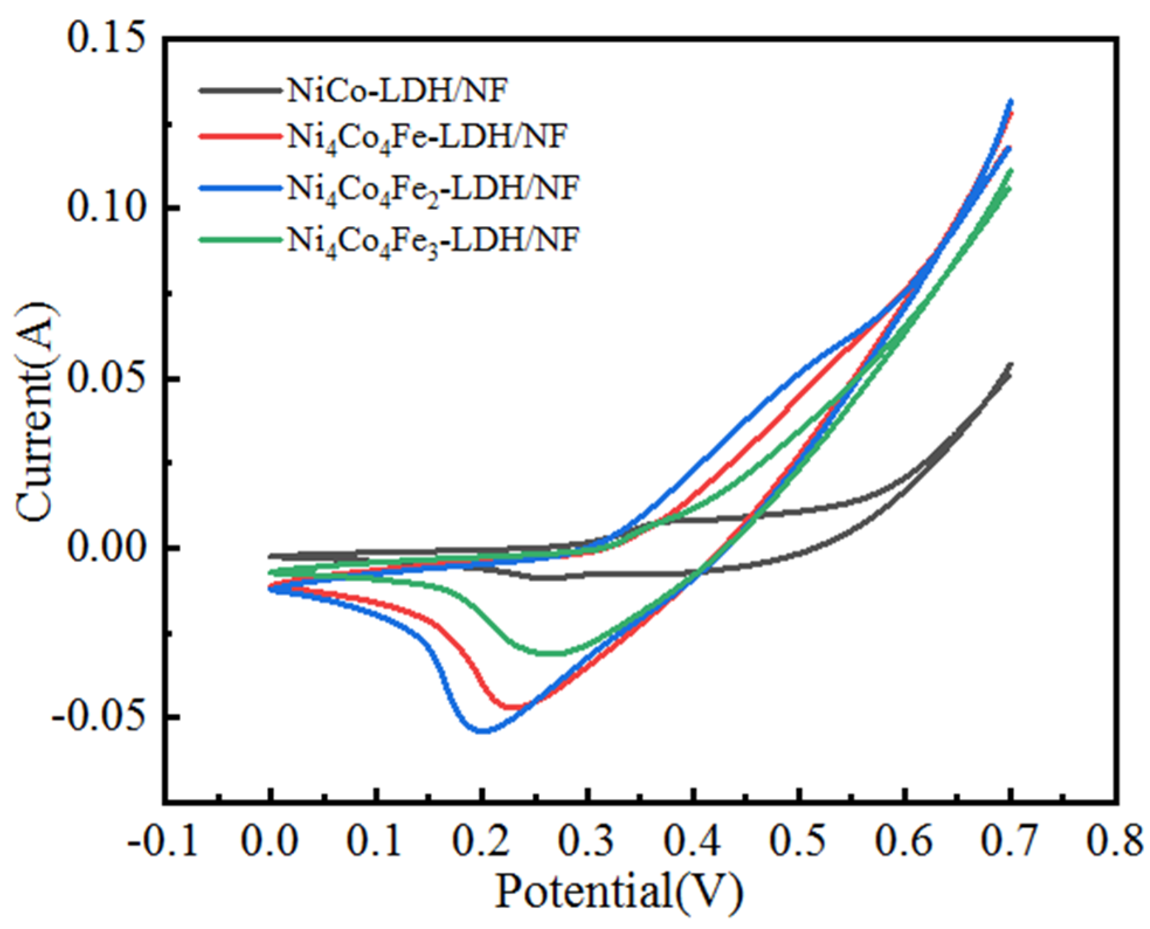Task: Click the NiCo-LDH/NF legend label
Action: pyautogui.click(x=397, y=91)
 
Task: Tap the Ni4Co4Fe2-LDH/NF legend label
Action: pyautogui.click(x=432, y=189)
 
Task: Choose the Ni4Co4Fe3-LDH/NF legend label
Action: pyautogui.click(x=432, y=240)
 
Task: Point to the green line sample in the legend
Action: pyautogui.click(x=240, y=240)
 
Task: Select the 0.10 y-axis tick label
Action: pyautogui.click(x=105, y=207)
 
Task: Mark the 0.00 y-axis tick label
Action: pyautogui.click(x=105, y=548)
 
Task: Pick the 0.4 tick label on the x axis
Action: pyautogui.click(x=693, y=841)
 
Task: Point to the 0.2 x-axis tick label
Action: pyautogui.click(x=482, y=841)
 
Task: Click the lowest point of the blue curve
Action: pyautogui.click(x=483, y=730)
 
